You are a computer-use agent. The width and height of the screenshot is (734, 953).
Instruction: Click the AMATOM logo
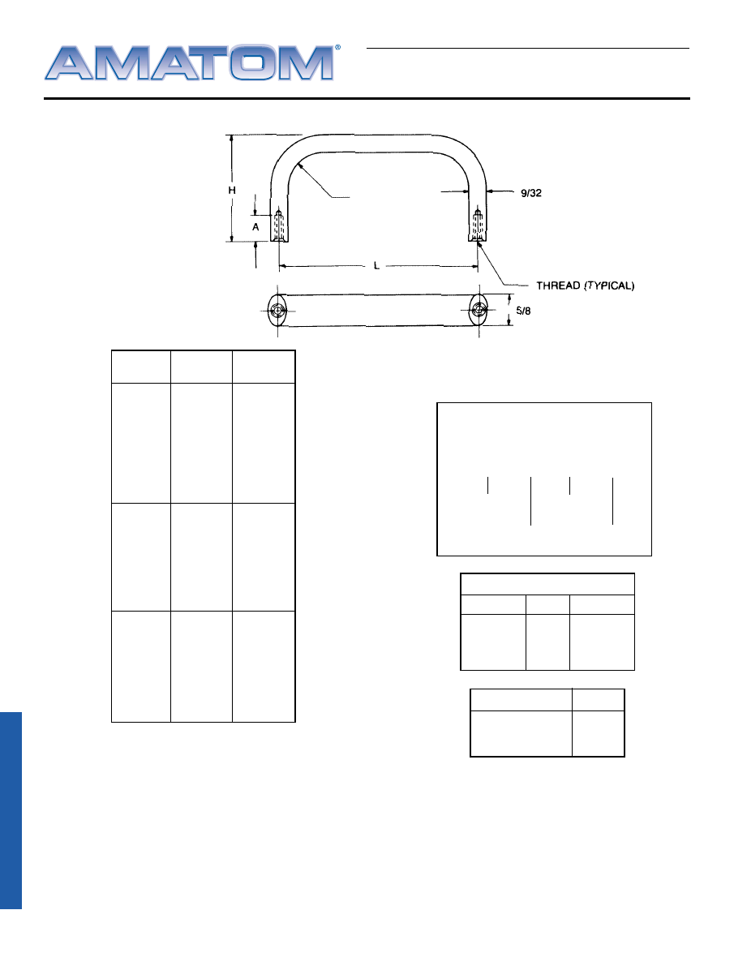coord(189,62)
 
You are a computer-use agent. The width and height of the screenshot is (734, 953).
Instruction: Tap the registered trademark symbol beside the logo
coord(338,47)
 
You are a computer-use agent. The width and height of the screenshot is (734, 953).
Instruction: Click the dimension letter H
coord(231,191)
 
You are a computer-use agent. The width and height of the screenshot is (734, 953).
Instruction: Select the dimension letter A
coord(255,227)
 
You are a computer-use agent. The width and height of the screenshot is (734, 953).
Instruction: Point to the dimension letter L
coord(376,265)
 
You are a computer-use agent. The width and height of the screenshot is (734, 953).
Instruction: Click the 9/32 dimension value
coord(531,193)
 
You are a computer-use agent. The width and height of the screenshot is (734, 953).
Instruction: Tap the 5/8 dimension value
coord(523,311)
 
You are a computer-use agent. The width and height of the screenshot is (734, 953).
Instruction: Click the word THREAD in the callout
coord(558,285)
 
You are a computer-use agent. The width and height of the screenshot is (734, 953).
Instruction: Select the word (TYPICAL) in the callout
coord(609,285)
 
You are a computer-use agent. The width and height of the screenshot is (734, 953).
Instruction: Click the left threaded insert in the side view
coord(279,225)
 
